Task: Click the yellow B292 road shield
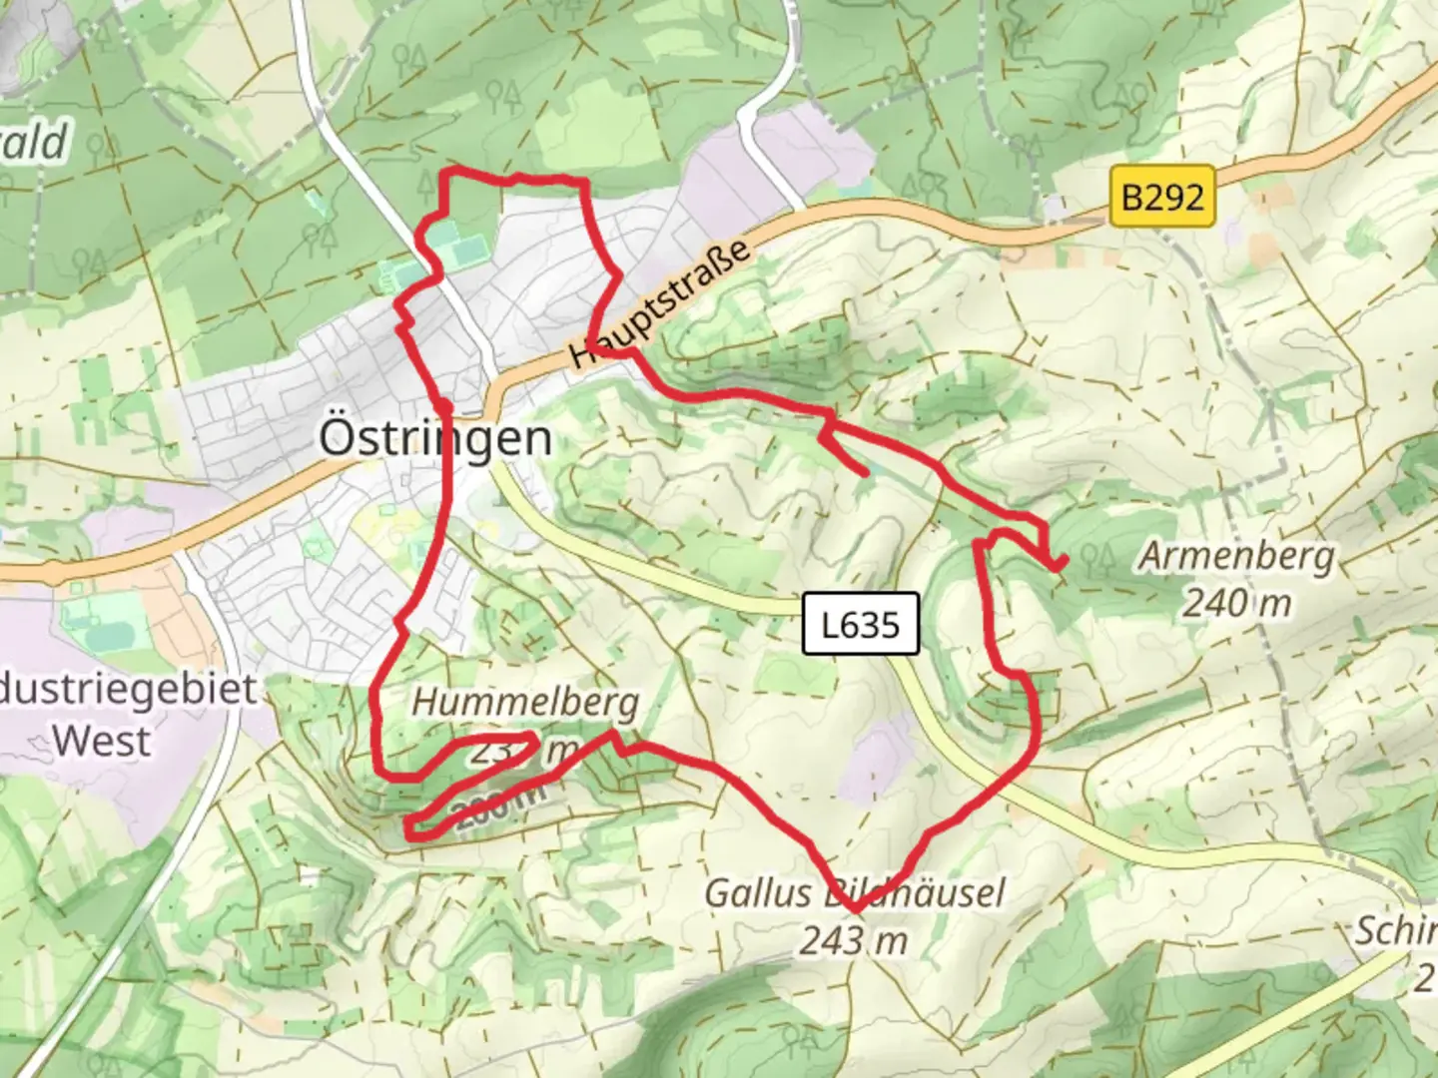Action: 1162,197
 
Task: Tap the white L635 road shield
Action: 860,625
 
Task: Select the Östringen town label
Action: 435,438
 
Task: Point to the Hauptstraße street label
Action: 660,301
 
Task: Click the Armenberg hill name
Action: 1237,556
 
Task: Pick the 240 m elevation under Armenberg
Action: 1237,603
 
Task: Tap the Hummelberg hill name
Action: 525,703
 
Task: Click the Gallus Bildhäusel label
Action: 855,892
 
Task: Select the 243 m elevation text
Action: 854,940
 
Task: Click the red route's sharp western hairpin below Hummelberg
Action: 407,827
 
